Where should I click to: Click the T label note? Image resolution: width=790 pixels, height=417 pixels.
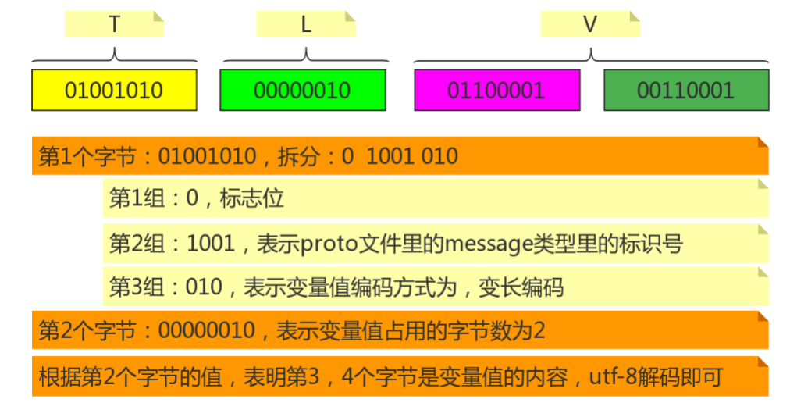(115, 24)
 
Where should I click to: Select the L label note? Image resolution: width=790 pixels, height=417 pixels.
(306, 24)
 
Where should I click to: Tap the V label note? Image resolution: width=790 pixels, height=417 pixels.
(590, 24)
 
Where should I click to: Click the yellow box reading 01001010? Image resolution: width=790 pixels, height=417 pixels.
(114, 91)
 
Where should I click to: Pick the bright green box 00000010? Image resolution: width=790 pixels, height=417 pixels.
(303, 91)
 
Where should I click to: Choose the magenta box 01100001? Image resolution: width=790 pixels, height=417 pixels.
(496, 91)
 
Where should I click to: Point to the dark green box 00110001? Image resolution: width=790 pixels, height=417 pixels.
(686, 91)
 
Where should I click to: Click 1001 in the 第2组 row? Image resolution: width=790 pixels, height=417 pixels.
(211, 244)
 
